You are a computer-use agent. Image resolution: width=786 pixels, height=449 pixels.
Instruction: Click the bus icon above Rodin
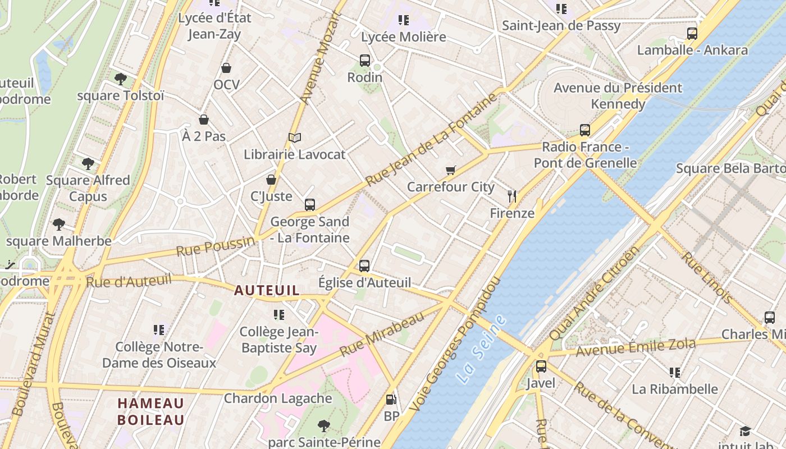[364, 61]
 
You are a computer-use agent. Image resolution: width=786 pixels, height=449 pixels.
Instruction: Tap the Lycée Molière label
[403, 37]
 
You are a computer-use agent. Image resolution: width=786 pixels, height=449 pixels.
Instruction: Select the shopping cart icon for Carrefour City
[450, 170]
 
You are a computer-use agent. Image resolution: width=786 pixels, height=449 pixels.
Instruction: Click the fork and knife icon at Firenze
[511, 196]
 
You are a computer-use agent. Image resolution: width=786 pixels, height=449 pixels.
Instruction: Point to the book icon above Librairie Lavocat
[294, 138]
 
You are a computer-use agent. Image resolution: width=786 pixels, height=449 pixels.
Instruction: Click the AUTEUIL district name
[267, 291]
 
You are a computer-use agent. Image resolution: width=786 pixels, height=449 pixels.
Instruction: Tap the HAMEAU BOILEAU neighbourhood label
[150, 411]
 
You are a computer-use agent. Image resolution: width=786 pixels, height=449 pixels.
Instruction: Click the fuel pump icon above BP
[391, 400]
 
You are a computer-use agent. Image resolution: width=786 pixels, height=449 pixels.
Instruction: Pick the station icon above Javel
[541, 366]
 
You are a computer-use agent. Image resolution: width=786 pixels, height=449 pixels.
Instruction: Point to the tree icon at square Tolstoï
[120, 79]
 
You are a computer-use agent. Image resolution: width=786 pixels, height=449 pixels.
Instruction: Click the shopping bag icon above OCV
[226, 68]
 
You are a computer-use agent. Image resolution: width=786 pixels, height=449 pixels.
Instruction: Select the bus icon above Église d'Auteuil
[364, 265]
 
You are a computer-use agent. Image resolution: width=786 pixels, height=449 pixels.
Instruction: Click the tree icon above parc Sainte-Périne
[323, 425]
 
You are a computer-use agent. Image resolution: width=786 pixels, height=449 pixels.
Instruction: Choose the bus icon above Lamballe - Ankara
[692, 33]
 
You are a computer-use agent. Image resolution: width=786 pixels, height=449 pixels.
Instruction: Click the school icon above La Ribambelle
[674, 372]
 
